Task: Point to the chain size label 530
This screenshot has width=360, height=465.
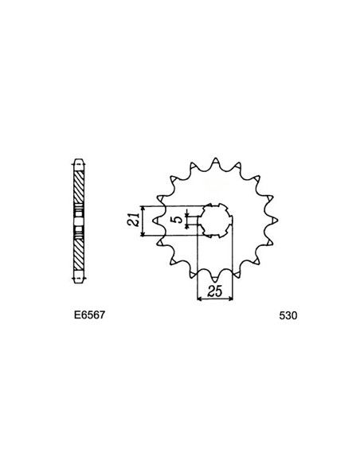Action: click(x=288, y=315)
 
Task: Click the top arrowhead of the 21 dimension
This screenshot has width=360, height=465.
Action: click(x=142, y=208)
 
